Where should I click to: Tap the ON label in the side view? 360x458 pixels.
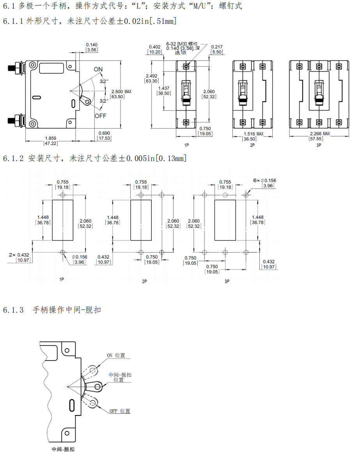[98, 69]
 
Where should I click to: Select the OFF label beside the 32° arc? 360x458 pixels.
[100, 116]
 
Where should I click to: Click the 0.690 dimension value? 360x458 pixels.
[104, 133]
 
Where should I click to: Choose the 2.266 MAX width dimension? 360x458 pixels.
[319, 134]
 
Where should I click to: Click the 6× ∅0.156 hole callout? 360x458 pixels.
[264, 180]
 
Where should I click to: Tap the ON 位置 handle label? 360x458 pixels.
[116, 355]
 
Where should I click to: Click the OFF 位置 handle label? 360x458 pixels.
[120, 411]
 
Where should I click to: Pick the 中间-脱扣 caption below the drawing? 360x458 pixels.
[63, 449]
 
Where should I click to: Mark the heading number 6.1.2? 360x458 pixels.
[13, 158]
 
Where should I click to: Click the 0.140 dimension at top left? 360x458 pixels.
[92, 45]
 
